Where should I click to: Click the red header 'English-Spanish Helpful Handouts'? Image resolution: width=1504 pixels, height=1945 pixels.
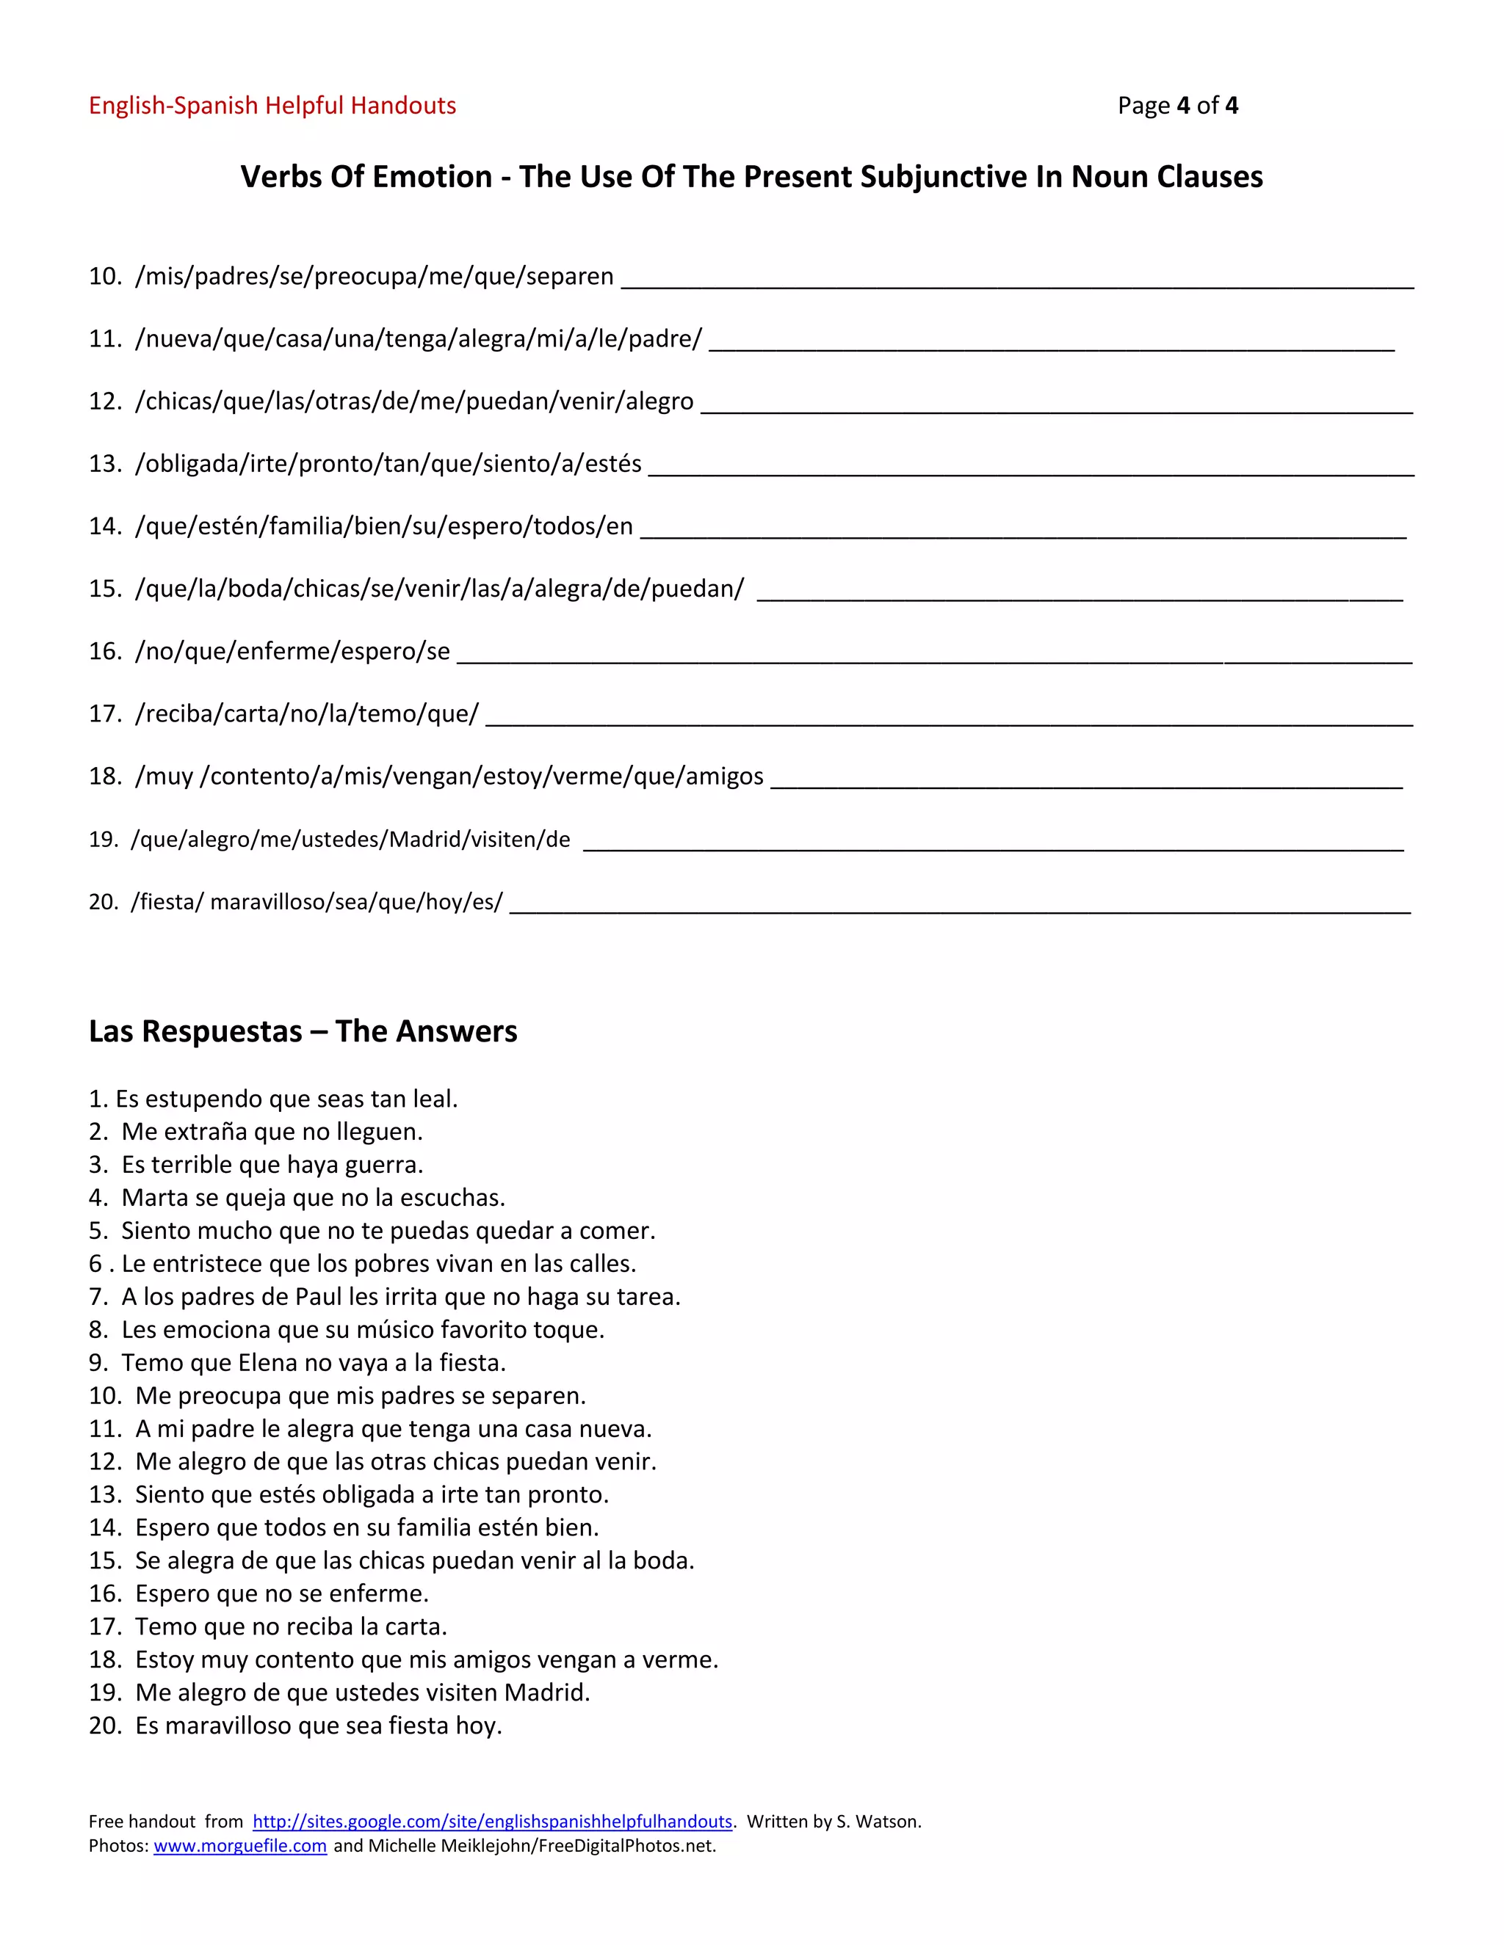pyautogui.click(x=272, y=106)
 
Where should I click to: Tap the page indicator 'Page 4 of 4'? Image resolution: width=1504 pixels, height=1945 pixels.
pyautogui.click(x=1177, y=106)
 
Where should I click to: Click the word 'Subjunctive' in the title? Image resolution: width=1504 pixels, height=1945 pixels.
pyautogui.click(x=944, y=176)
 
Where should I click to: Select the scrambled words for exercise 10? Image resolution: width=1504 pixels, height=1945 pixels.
pyautogui.click(x=375, y=276)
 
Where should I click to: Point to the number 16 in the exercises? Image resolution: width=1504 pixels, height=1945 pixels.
pyautogui.click(x=104, y=651)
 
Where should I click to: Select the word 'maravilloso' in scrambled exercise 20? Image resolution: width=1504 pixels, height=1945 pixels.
pyautogui.click(x=267, y=902)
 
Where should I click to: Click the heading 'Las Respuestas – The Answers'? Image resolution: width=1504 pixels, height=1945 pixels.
pyautogui.click(x=303, y=1031)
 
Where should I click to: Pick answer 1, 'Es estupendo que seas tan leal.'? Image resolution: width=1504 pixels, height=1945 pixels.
pyautogui.click(x=273, y=1099)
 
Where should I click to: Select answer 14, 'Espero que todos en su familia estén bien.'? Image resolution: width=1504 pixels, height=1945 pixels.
pyautogui.click(x=366, y=1527)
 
